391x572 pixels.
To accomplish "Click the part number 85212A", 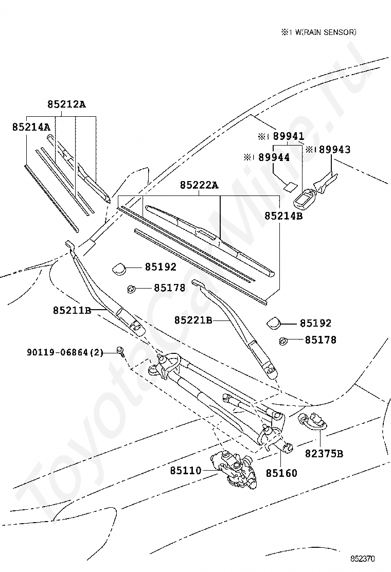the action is point(66,104).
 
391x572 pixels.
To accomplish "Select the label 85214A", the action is point(31,127).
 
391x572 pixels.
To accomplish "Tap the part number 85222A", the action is point(199,185).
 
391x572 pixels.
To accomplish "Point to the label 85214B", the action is point(284,216).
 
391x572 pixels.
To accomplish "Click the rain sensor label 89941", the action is point(289,136).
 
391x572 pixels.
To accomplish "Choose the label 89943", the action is point(335,150).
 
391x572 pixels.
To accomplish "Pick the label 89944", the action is point(274,157).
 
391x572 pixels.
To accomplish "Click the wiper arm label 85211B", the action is point(72,311).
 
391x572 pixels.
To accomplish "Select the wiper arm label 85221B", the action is point(193,320).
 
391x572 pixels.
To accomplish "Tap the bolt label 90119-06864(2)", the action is point(65,352).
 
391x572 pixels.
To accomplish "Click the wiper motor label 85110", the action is point(186,471).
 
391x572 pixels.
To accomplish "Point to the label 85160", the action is point(281,473).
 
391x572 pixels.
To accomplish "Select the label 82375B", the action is point(324,454).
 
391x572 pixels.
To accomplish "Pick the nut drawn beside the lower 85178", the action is point(283,342).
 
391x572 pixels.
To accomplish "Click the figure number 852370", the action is point(363,559).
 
